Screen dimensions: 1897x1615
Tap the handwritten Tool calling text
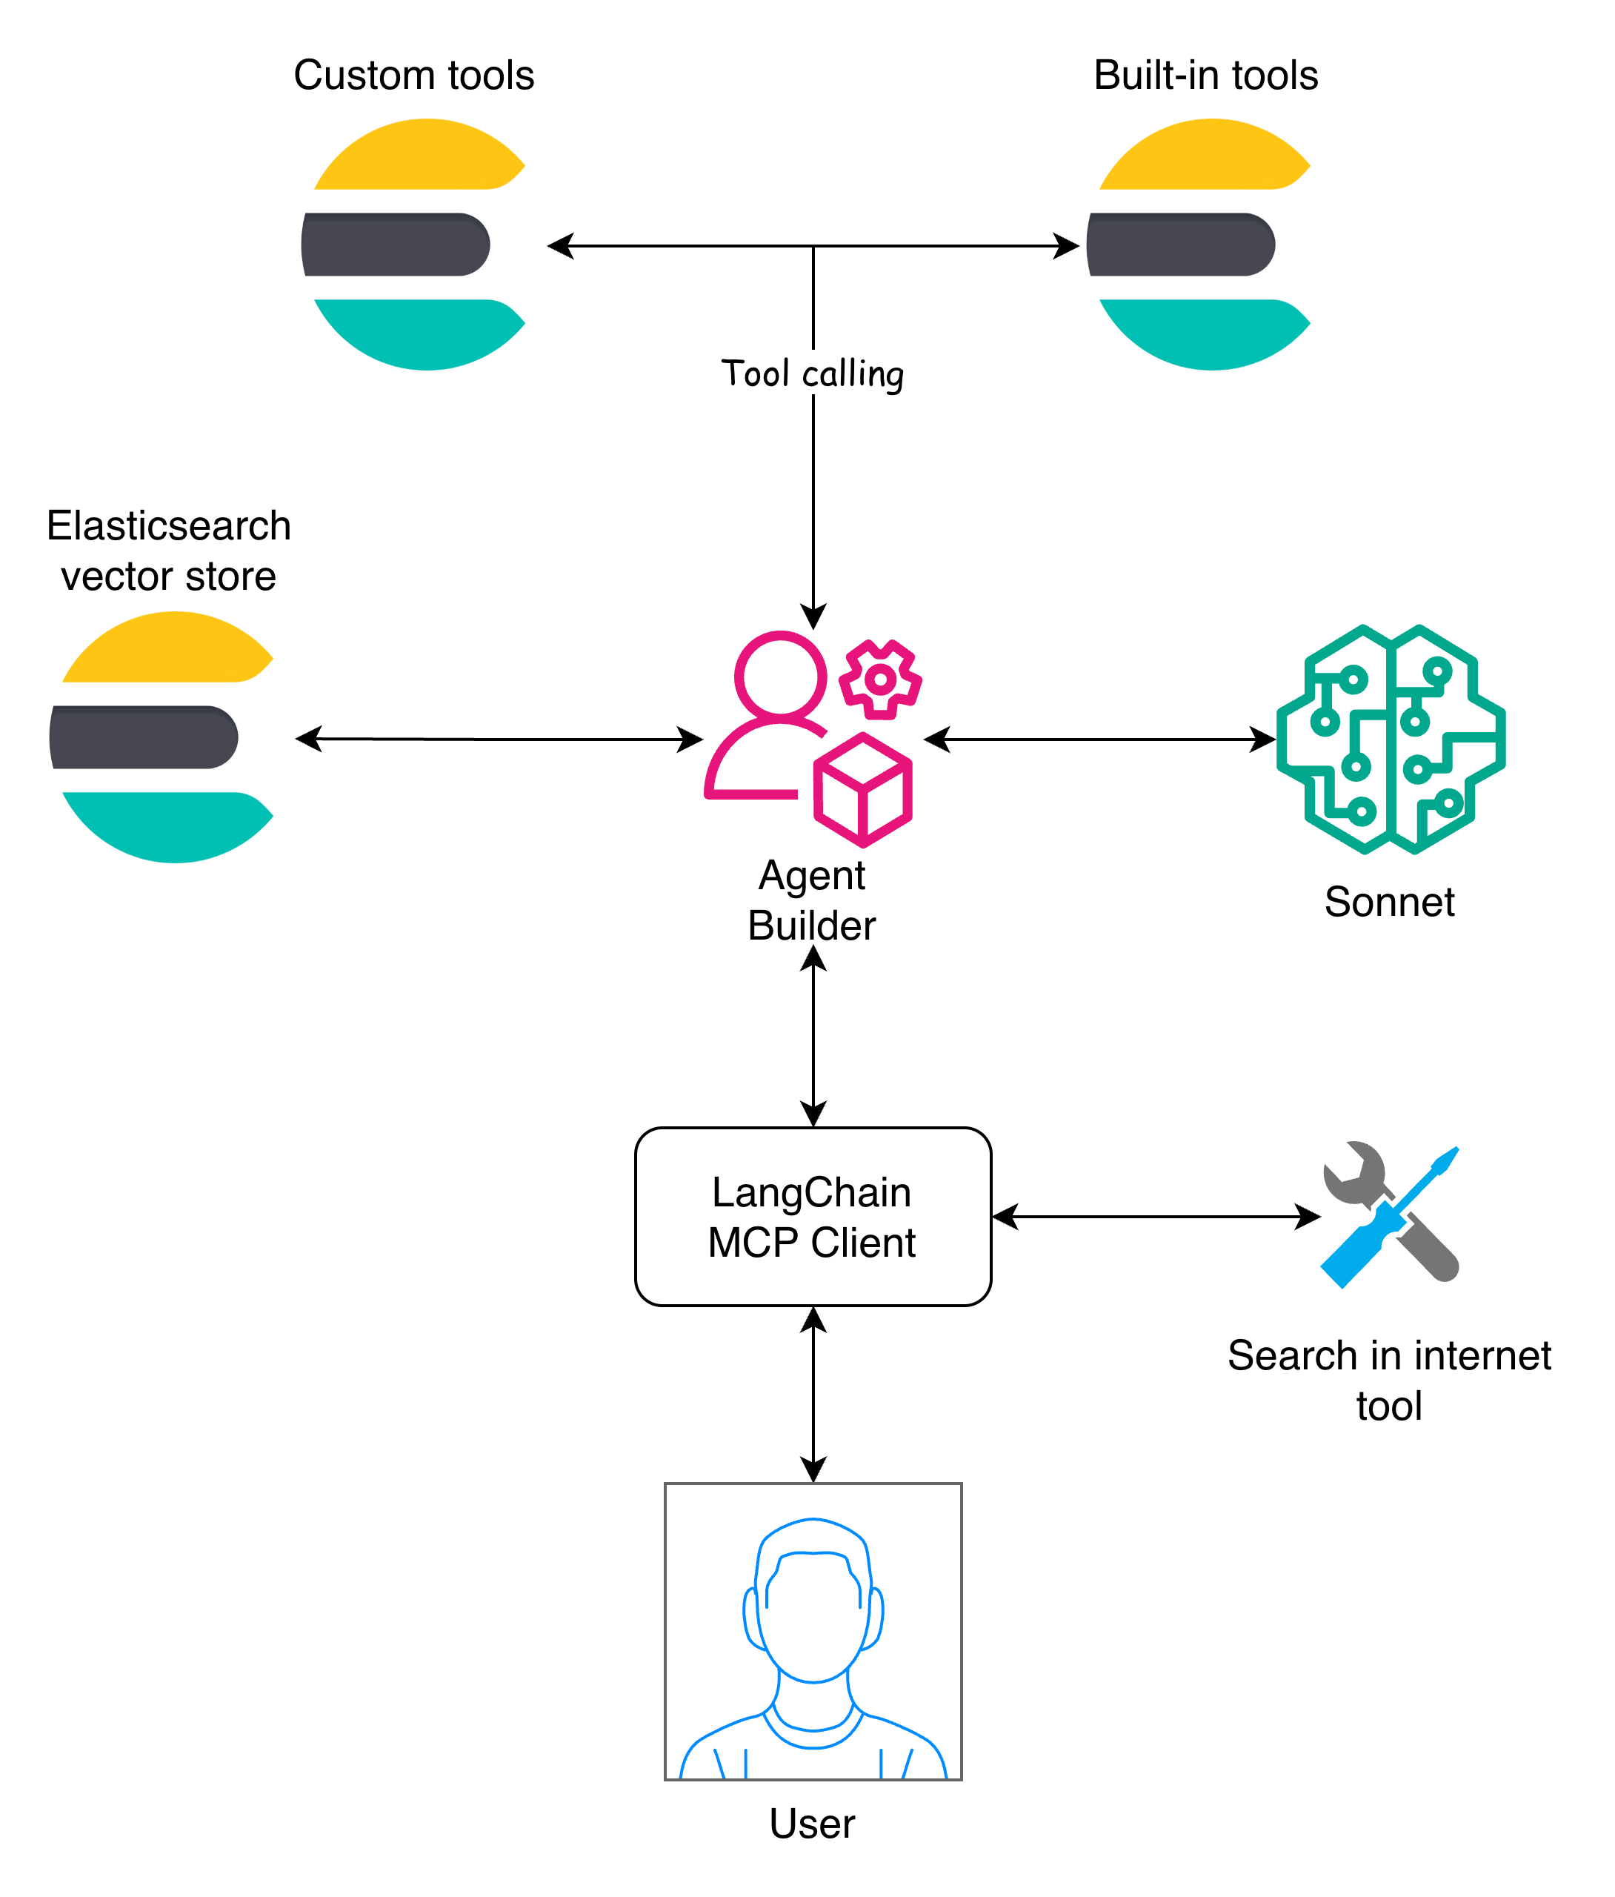(x=811, y=373)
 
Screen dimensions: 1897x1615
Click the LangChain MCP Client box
(x=812, y=1216)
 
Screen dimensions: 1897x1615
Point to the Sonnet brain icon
(x=1390, y=739)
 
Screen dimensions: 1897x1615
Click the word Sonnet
(x=1388, y=902)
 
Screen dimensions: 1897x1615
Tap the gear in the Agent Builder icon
(x=880, y=680)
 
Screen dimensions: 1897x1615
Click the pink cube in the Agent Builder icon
(x=862, y=789)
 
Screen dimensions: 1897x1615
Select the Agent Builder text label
(x=811, y=900)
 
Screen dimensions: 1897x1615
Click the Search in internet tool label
(x=1388, y=1380)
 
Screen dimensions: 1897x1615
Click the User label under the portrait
(x=811, y=1823)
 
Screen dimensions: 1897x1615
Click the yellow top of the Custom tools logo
(x=421, y=156)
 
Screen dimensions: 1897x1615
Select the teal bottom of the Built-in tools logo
(x=1205, y=335)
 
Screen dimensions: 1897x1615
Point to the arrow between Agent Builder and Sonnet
(x=1099, y=739)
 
